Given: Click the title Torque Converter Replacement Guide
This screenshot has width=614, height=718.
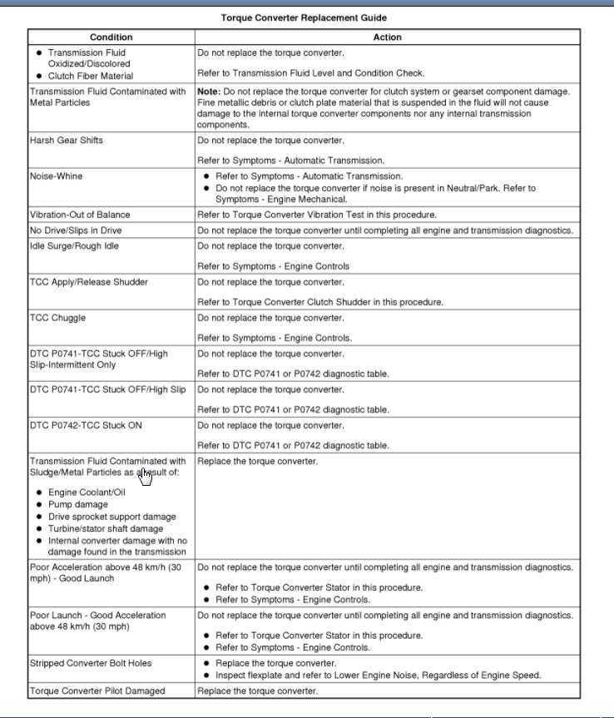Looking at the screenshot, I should (x=303, y=17).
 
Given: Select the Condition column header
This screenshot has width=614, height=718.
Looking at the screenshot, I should (x=111, y=37).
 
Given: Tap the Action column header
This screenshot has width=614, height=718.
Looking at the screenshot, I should (x=387, y=37).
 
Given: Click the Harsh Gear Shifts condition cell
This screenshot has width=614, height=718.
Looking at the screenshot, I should (x=67, y=141).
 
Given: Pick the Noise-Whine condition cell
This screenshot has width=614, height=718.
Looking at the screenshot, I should (x=57, y=176).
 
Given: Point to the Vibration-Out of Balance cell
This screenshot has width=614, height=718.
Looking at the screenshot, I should (x=80, y=215).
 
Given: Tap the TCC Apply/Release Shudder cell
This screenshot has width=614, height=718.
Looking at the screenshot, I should (x=89, y=282).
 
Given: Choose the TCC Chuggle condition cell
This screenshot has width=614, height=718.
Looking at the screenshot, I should (x=57, y=318).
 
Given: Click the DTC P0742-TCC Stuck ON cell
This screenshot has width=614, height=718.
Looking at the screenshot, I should (x=86, y=426).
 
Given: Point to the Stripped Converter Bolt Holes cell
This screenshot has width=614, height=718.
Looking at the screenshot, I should (x=91, y=663).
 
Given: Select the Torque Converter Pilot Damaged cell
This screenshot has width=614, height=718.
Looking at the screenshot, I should (x=97, y=691).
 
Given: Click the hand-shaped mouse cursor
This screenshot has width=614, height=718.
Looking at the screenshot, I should (x=146, y=476).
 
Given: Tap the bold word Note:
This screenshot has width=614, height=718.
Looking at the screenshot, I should (x=208, y=92).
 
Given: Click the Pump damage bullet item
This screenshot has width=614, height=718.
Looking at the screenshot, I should (x=77, y=504).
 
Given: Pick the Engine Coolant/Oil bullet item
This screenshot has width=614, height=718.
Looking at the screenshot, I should (x=87, y=493).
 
